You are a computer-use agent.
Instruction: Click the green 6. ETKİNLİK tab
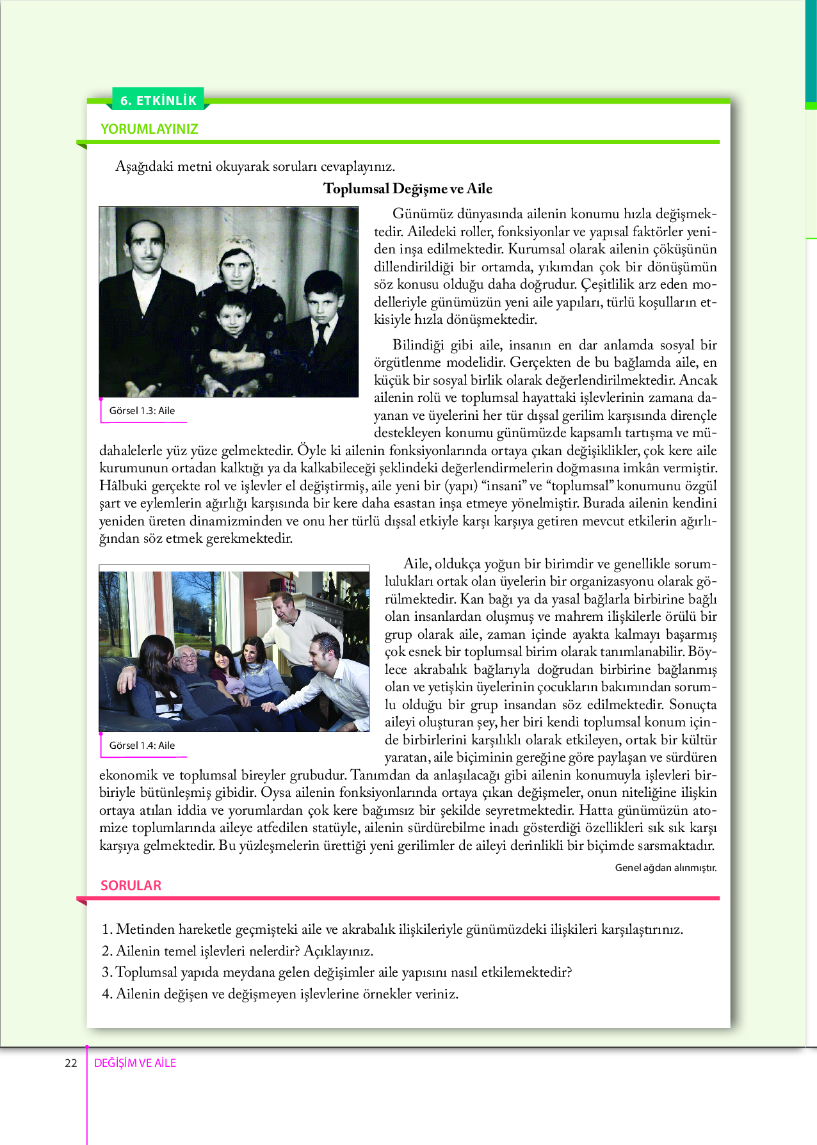(158, 100)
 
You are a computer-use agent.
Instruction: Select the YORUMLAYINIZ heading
(149, 129)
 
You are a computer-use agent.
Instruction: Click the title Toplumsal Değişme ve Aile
(408, 188)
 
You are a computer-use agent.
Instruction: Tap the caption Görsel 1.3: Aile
(142, 411)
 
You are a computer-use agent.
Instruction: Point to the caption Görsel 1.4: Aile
(142, 746)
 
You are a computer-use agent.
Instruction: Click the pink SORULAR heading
(131, 885)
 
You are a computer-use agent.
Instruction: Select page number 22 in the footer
(71, 1063)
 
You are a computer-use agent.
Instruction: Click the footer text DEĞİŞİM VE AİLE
(135, 1063)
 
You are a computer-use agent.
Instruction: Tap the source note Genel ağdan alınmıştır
(665, 868)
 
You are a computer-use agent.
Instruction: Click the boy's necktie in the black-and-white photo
(321, 333)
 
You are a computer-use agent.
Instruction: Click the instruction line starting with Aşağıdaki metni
(255, 167)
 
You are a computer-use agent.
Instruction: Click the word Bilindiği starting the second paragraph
(417, 346)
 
